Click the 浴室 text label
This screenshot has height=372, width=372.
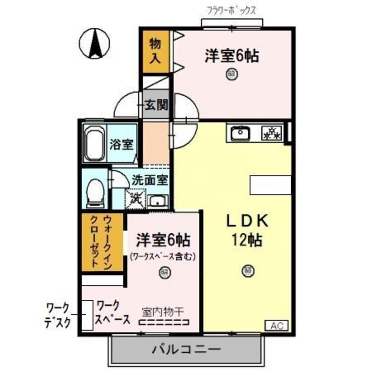click(x=121, y=144)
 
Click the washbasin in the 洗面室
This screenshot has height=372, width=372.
click(x=158, y=201)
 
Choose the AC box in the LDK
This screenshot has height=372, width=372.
click(x=276, y=326)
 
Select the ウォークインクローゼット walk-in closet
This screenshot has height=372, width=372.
click(x=102, y=242)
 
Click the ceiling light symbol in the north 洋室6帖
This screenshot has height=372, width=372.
click(x=231, y=74)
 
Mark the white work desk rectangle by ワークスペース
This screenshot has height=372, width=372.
click(x=87, y=315)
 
